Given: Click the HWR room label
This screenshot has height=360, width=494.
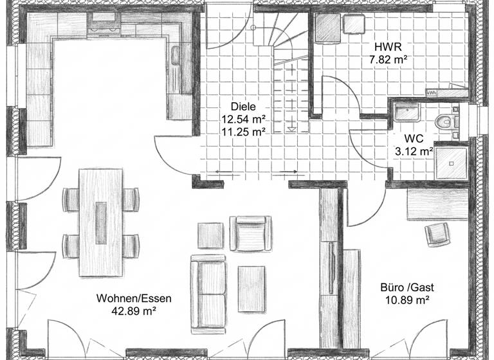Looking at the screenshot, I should pos(389,48).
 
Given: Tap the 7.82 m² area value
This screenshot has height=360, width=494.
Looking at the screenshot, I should pos(389,60).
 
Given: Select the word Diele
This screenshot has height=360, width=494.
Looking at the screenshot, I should pos(243,107).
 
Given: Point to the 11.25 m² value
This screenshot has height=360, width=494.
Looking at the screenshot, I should pos(244,131).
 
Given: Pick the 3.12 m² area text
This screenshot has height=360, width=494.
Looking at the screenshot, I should pos(414,152).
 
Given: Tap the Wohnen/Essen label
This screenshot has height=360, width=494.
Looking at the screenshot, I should pos(134,298).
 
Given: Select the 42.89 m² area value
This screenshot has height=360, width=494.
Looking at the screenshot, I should pos(134,310).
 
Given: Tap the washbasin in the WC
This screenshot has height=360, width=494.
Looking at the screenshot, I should pos(406,113).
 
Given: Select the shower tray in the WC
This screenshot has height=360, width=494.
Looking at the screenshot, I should pos(452,161).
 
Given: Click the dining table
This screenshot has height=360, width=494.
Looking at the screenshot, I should pos(100,222).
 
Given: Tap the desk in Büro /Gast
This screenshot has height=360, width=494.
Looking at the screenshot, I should pos(437,204).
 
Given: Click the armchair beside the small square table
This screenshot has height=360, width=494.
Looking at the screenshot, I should pos(250,233).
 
